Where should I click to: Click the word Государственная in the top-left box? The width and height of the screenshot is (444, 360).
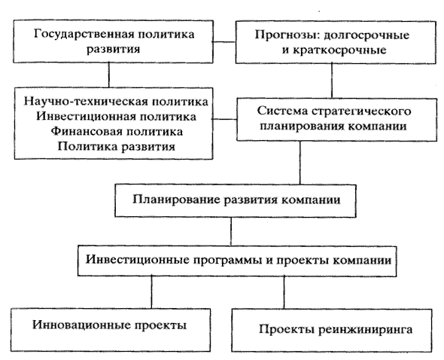[84, 35]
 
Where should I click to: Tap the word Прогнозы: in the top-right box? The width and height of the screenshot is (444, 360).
[287, 35]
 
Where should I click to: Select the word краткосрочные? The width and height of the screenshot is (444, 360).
[339, 50]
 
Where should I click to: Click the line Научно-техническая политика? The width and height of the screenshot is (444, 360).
[116, 102]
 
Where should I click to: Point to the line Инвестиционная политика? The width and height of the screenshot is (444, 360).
[116, 117]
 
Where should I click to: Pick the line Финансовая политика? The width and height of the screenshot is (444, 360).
[117, 132]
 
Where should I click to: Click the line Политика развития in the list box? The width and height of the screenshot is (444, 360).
[117, 147]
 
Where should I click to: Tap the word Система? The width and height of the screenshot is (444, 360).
[282, 111]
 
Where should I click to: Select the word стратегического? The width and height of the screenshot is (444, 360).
[361, 111]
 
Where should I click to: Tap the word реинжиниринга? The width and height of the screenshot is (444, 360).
[365, 330]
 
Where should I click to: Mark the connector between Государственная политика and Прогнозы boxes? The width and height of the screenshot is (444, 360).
[224, 42]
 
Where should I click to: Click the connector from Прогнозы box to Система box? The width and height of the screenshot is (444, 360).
[332, 81]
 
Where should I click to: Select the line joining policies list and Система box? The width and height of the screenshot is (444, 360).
[225, 119]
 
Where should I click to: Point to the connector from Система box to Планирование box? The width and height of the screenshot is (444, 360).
[300, 163]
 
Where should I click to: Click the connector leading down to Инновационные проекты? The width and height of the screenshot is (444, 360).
[151, 292]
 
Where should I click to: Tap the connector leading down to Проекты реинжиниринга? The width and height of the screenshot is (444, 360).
[284, 292]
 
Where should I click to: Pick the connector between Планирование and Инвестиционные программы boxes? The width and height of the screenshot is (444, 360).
[231, 232]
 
